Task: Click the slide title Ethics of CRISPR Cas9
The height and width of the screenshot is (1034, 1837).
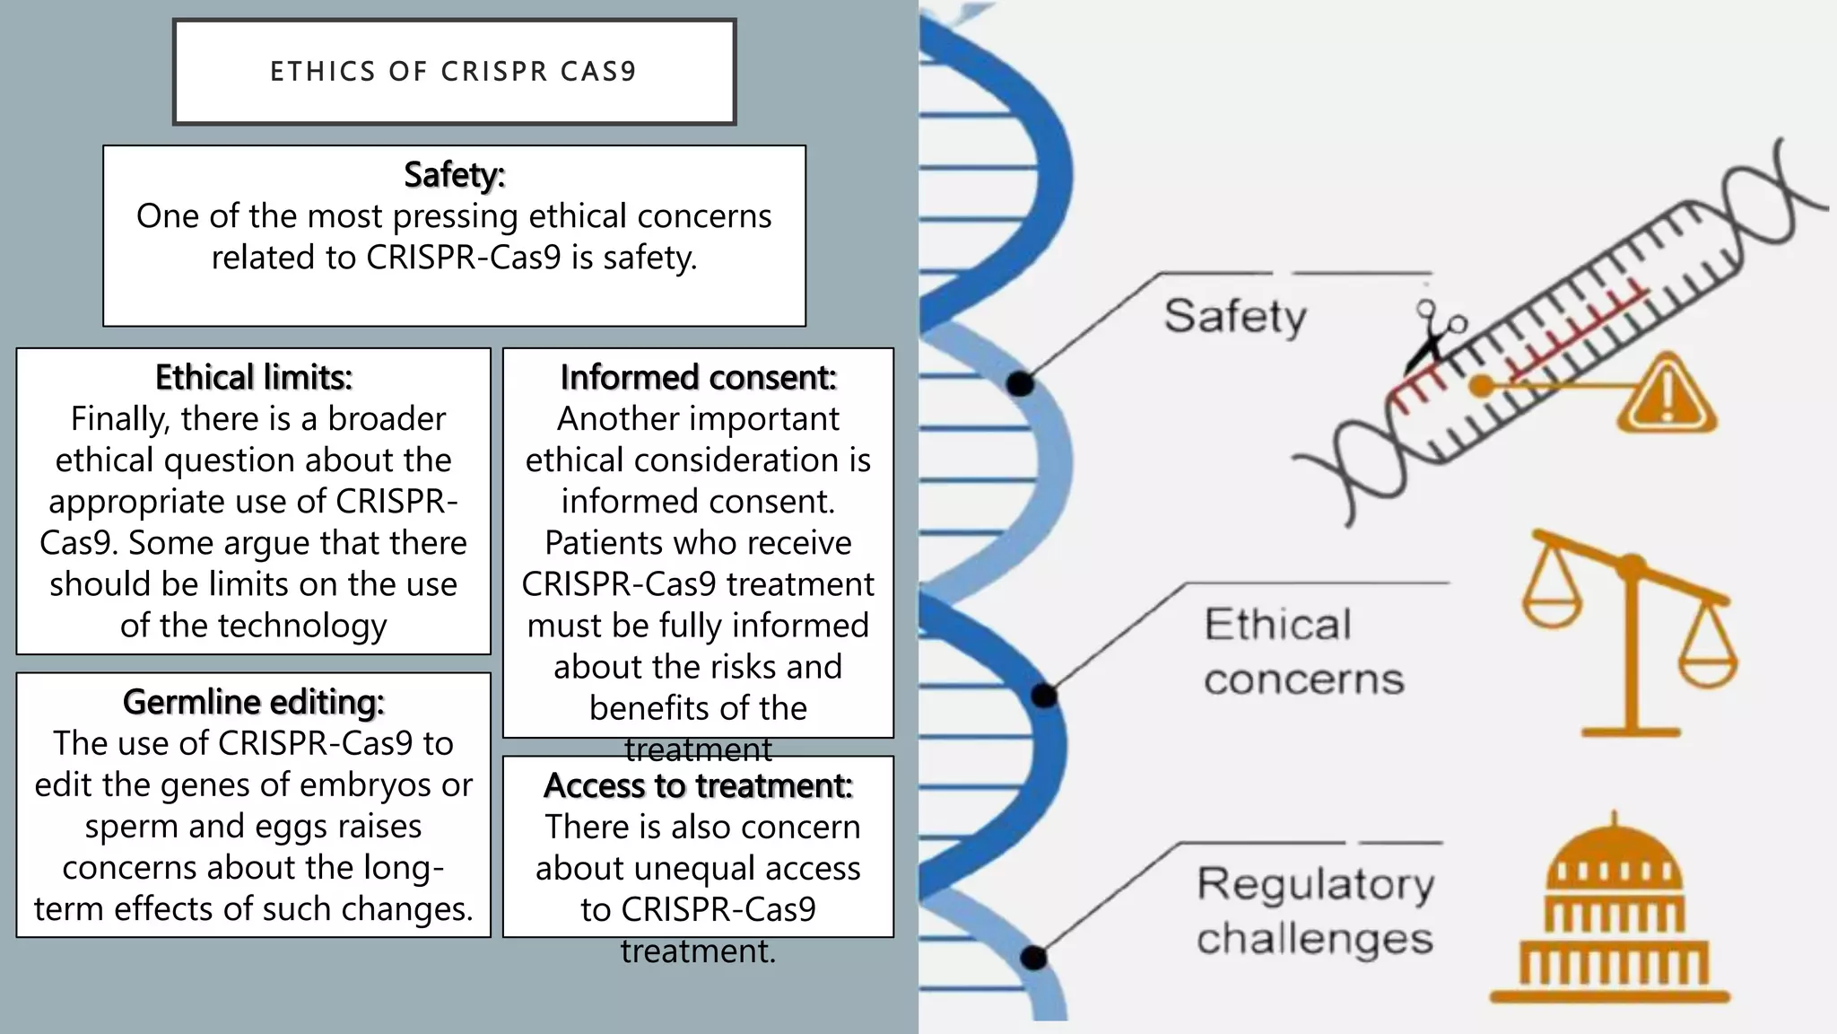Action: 454,71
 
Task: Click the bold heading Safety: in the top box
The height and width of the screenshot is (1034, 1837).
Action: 454,174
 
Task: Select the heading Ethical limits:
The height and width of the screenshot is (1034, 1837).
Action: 254,377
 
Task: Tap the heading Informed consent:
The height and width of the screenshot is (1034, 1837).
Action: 698,377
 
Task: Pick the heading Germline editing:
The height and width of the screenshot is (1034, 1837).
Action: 254,702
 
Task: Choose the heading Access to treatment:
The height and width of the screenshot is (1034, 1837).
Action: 698,785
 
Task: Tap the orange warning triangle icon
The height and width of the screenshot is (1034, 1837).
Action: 1667,395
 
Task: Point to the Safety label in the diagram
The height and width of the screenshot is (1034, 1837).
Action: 1235,316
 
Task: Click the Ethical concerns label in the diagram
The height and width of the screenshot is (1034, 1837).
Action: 1302,652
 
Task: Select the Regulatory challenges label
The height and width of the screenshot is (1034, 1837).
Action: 1315,911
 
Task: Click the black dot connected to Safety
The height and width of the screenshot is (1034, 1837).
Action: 1020,384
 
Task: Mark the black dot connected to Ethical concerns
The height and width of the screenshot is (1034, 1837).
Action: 1044,696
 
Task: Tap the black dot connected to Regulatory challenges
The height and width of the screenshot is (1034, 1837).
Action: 1034,958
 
